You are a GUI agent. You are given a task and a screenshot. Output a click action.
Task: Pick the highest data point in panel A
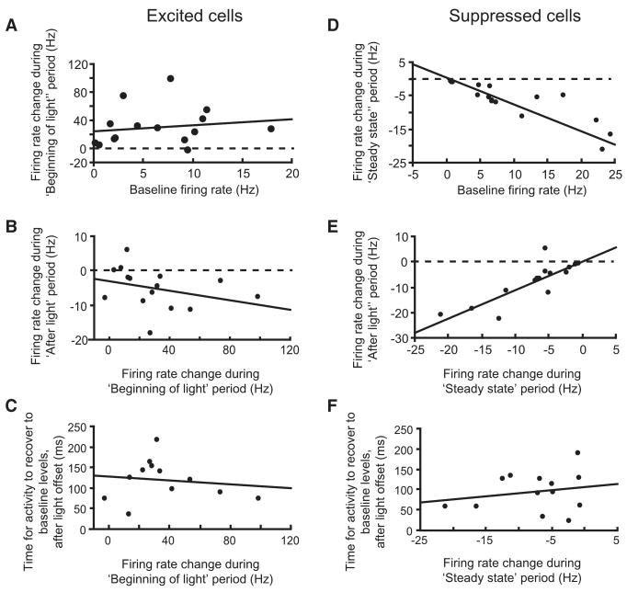tap(171, 79)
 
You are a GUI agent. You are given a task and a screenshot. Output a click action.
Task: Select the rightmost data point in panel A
tap(271, 129)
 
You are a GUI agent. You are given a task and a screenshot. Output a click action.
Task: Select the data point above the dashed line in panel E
tap(545, 248)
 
